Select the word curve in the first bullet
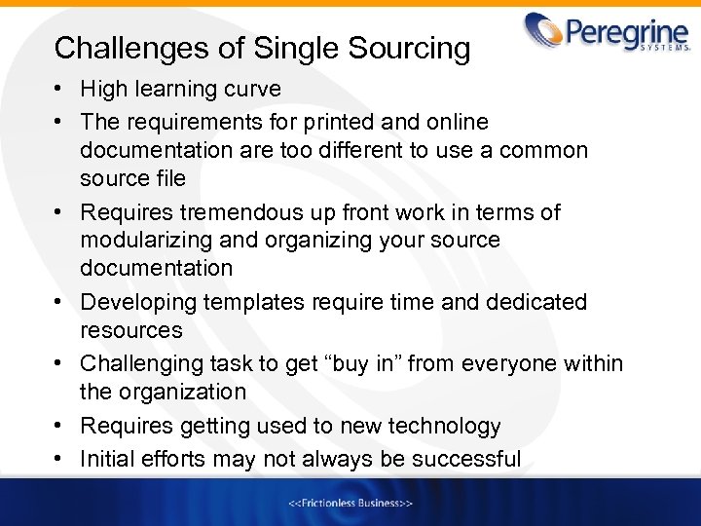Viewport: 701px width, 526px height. point(252,90)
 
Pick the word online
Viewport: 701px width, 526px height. point(457,122)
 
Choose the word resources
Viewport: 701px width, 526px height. point(131,330)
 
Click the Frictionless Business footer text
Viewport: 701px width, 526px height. point(350,504)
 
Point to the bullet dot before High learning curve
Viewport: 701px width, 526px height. point(60,90)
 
